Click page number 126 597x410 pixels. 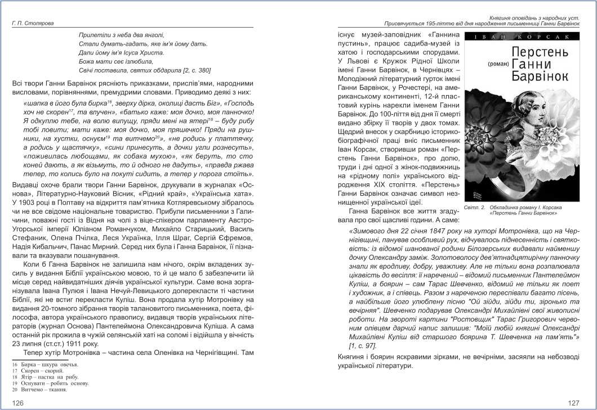coord(17,403)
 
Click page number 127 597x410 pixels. coord(573,403)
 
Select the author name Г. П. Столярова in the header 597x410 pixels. coord(34,23)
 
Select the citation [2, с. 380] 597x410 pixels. coord(189,70)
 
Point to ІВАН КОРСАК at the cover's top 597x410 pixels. coord(522,37)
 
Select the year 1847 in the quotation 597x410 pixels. coord(434,231)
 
